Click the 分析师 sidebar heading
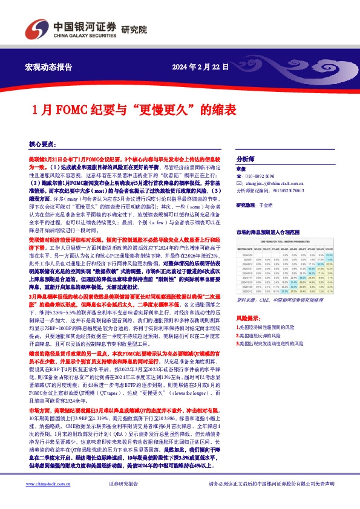pos(246,155)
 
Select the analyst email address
pos(272,182)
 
